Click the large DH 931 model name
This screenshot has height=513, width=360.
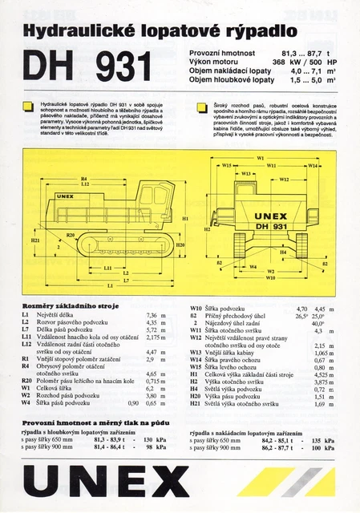click(x=88, y=68)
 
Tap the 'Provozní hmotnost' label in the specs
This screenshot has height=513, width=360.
click(x=221, y=52)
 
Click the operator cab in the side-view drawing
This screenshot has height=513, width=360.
click(x=157, y=197)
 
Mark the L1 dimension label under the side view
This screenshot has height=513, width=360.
click(x=110, y=285)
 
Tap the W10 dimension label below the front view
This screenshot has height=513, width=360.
click(x=270, y=278)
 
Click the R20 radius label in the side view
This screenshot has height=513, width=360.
click(x=71, y=235)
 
